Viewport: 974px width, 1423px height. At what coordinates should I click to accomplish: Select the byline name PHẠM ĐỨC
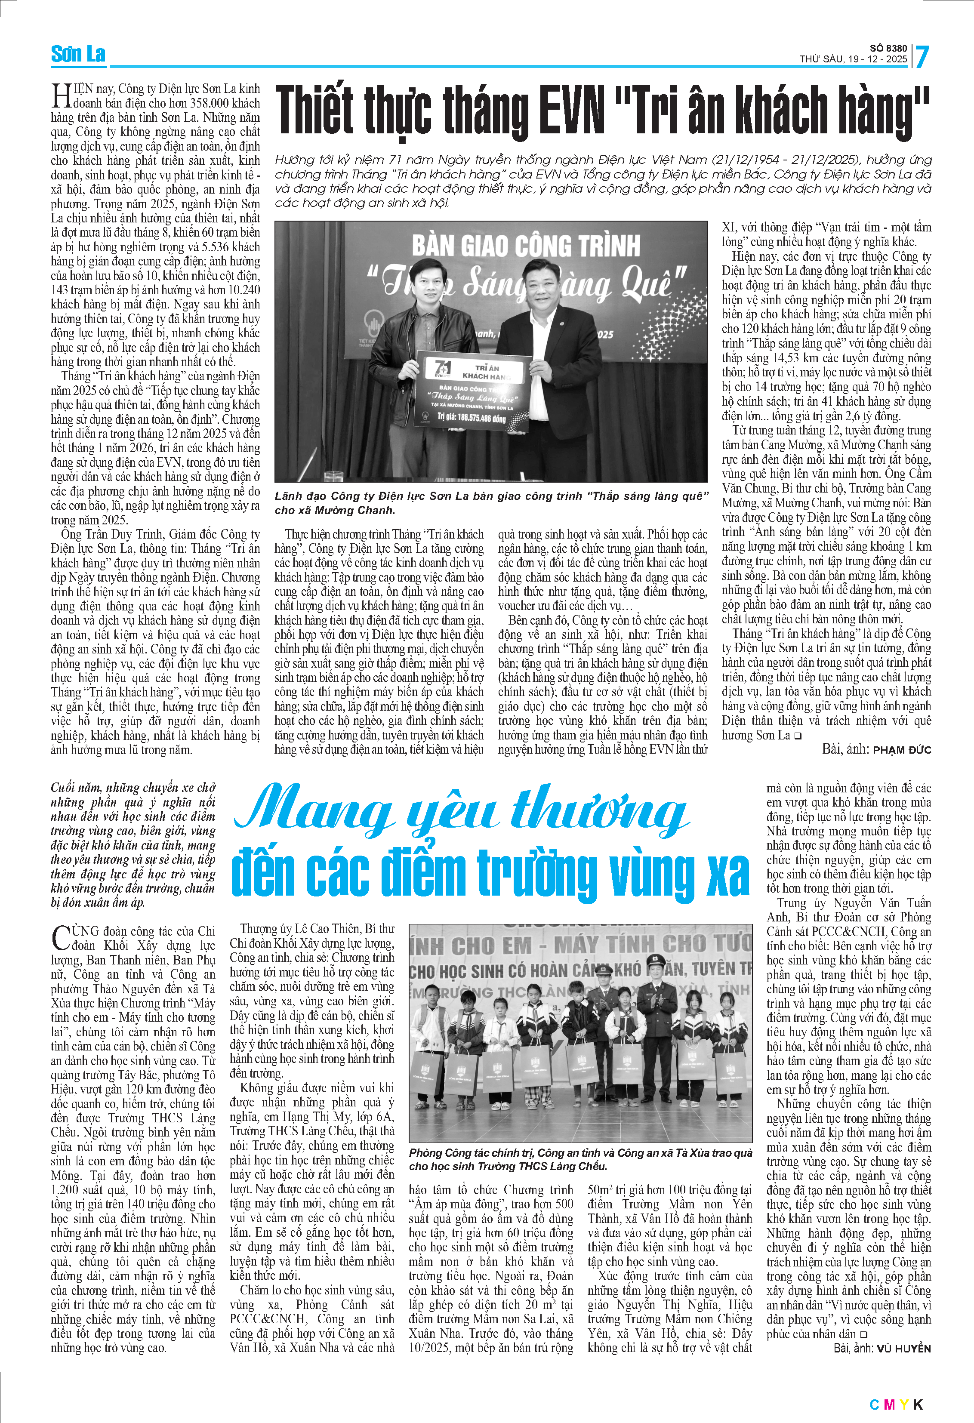[902, 750]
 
